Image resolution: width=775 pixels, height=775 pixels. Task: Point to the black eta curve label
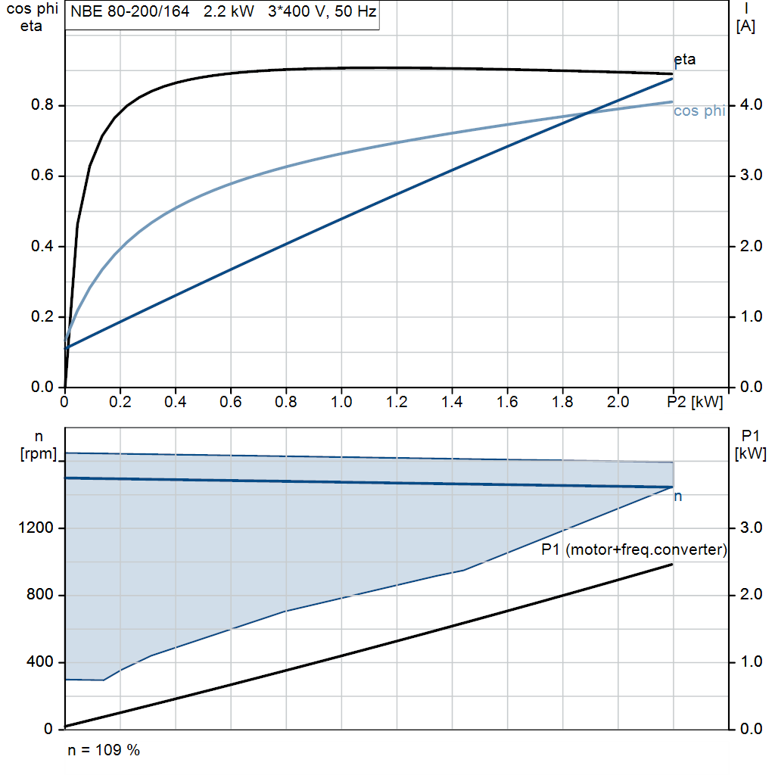click(684, 60)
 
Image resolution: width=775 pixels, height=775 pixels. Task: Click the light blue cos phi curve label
click(699, 111)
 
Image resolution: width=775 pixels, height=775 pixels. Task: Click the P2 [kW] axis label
click(695, 402)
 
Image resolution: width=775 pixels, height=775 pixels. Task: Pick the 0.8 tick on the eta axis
click(42, 105)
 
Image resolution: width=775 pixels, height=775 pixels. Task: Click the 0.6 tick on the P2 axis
click(231, 402)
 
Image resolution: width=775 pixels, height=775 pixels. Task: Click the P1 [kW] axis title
click(750, 444)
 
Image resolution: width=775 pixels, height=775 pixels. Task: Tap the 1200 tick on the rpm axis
click(36, 528)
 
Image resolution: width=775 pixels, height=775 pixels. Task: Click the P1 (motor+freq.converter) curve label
click(634, 550)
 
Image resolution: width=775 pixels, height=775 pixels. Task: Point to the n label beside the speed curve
click(678, 496)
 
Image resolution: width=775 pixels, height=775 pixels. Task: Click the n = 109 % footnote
click(104, 751)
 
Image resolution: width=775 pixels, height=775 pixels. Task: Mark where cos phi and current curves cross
click(588, 114)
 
